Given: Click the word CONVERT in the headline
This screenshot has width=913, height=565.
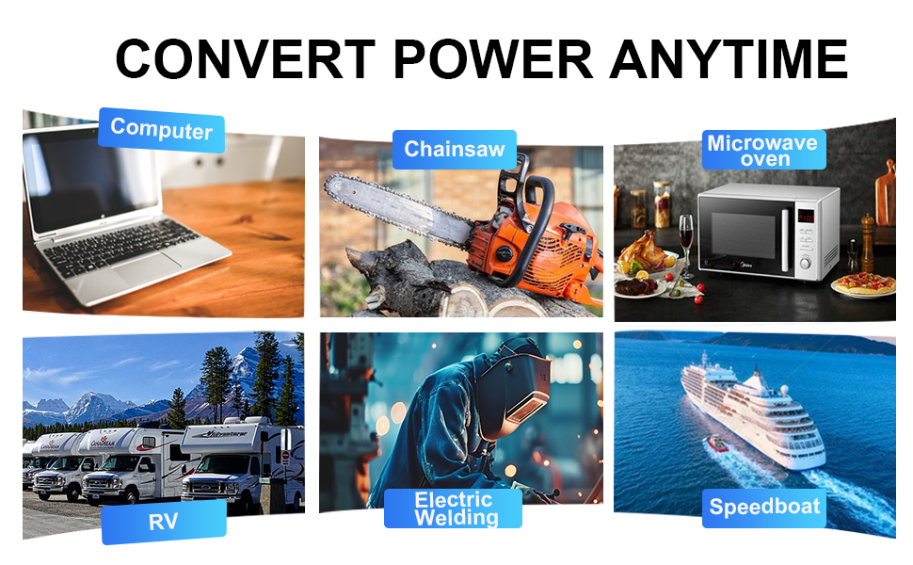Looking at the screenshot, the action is pos(245,58).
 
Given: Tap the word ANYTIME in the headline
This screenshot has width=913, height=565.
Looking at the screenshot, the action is pos(729,58).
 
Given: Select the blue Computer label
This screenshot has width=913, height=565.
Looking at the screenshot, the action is pos(161,130).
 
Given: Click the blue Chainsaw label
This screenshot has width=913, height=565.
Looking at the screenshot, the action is pos(455,149).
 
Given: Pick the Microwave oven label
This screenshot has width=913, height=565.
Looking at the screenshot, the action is pos(763,150).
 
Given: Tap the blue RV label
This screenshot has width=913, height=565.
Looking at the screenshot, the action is pos(164,522).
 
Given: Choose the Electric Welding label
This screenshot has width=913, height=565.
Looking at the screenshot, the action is pos(453,508).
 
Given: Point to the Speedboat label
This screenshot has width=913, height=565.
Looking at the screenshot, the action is pos(764,507).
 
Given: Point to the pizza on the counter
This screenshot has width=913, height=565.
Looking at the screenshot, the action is pos(863,283).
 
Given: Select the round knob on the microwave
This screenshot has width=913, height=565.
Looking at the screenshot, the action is pos(806,263).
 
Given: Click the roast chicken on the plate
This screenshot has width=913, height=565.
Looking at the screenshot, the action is pos(643,250).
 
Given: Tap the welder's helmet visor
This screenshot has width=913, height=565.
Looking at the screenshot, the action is pos(527,406).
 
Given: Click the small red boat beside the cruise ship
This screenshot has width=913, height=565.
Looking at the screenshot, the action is pos(717,444).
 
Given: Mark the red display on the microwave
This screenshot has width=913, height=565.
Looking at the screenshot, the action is pos(806,217).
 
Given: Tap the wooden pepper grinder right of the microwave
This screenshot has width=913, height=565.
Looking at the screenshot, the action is pos(867,242).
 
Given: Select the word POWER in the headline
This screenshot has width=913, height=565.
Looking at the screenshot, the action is pos(493,58).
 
